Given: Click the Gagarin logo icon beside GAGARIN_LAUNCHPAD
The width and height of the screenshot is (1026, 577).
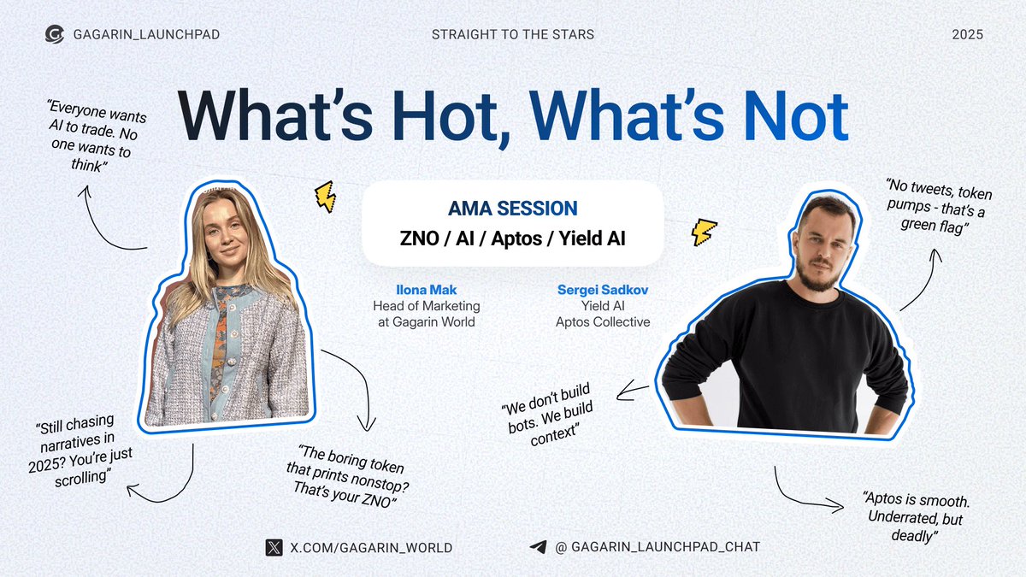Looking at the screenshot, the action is pos(55,34).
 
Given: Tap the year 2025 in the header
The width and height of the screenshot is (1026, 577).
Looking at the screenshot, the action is pos(967,35).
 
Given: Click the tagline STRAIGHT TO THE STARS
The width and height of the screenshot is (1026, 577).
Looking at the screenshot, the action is pos(512,34).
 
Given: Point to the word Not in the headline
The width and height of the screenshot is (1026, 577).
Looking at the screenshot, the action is pos(796,116).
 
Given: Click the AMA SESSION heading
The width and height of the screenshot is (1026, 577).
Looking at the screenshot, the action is pos(512,209).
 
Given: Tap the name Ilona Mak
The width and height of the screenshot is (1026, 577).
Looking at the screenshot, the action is pos(426,290).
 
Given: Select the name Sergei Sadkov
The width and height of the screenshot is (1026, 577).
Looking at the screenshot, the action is pos(603,290).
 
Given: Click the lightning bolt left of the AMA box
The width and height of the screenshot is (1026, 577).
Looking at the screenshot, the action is pos(325,197).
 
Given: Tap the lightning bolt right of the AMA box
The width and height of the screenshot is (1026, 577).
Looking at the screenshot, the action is pos(704,233).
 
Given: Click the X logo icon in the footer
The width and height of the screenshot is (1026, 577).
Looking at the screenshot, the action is pos(274,547).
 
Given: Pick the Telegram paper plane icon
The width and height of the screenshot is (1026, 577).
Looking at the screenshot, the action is pos(539,547).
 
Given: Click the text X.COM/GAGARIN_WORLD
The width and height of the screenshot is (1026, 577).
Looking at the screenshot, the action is pos(371,548).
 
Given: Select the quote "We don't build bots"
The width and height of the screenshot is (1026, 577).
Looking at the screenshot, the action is pos(549,415).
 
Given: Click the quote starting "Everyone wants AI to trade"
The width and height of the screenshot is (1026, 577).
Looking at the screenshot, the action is pos(95,136).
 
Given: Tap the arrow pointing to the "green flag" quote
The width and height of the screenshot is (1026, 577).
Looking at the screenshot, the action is pos(926,281).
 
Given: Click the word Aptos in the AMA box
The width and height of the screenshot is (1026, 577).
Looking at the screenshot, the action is pos(516,238).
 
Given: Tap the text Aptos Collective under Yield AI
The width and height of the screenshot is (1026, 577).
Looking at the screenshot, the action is pos(603,322).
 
